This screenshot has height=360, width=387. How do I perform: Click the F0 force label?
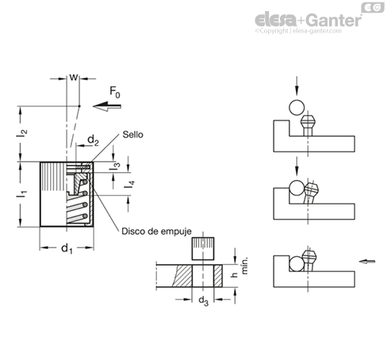click(115, 93)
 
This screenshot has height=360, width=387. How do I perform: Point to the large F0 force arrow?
click(107, 106)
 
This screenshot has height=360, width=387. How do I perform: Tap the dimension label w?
click(74, 77)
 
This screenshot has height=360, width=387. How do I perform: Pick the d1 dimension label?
click(67, 249)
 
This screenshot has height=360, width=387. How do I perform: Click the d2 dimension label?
click(93, 140)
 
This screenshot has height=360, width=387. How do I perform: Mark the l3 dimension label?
click(116, 166)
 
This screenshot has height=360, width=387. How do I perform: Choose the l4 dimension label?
click(129, 185)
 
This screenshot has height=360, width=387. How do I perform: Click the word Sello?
click(132, 135)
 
